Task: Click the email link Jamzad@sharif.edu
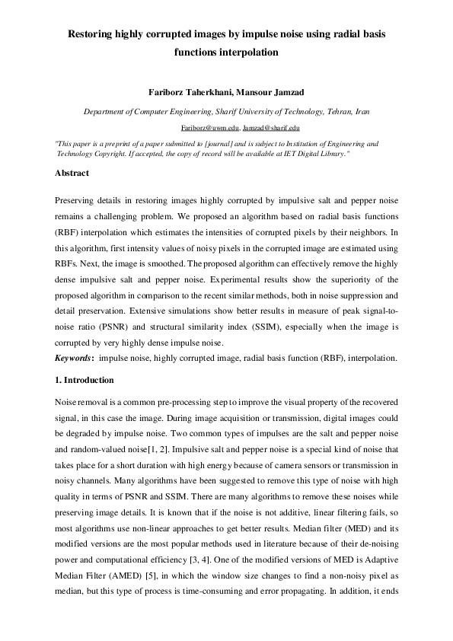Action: tap(271, 128)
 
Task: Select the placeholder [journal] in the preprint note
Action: tap(222, 143)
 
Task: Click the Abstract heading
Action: tap(72, 174)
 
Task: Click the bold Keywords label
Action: tap(75, 358)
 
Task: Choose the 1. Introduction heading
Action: tap(85, 380)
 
